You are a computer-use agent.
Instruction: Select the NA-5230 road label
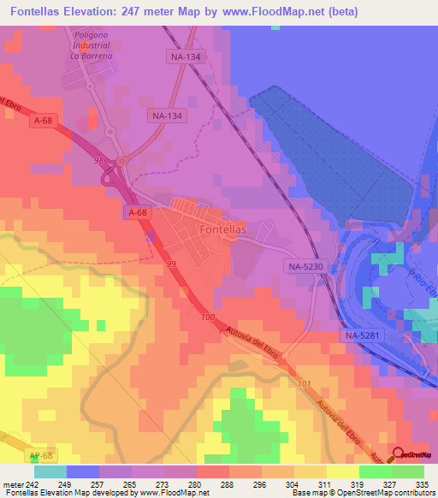pyautogui.click(x=305, y=267)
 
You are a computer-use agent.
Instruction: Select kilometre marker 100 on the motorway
pyautogui.click(x=209, y=317)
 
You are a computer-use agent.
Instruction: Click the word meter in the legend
pyautogui.click(x=15, y=484)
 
